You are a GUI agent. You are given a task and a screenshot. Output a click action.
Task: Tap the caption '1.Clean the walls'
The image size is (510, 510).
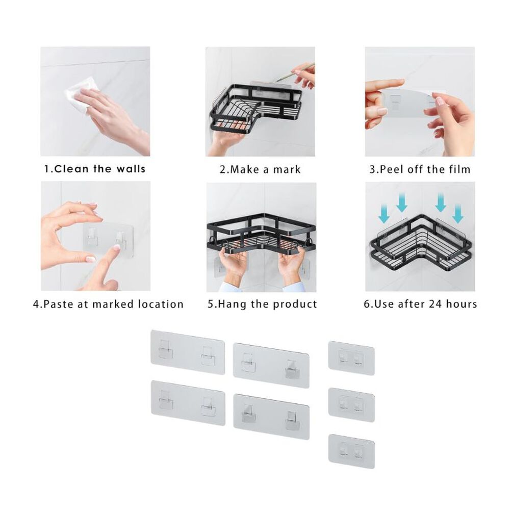tap(95, 169)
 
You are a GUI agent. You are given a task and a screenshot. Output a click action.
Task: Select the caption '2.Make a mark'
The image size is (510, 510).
tap(260, 169)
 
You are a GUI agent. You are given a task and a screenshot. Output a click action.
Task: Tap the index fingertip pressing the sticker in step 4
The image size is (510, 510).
tap(115, 248)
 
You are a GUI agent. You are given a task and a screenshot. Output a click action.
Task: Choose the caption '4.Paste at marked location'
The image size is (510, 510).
tap(108, 304)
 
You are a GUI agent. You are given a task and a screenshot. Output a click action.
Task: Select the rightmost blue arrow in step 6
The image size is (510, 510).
tap(458, 214)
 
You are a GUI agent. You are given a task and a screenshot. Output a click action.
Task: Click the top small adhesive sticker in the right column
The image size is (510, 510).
tap(351, 358)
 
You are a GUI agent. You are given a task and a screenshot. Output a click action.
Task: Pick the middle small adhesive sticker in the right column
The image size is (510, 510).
tap(351, 404)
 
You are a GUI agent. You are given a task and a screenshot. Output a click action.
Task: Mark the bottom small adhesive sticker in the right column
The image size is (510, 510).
tap(351, 451)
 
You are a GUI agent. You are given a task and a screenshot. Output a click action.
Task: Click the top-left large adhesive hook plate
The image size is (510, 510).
tap(188, 352)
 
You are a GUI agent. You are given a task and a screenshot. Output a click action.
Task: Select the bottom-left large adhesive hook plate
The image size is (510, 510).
tap(188, 403)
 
